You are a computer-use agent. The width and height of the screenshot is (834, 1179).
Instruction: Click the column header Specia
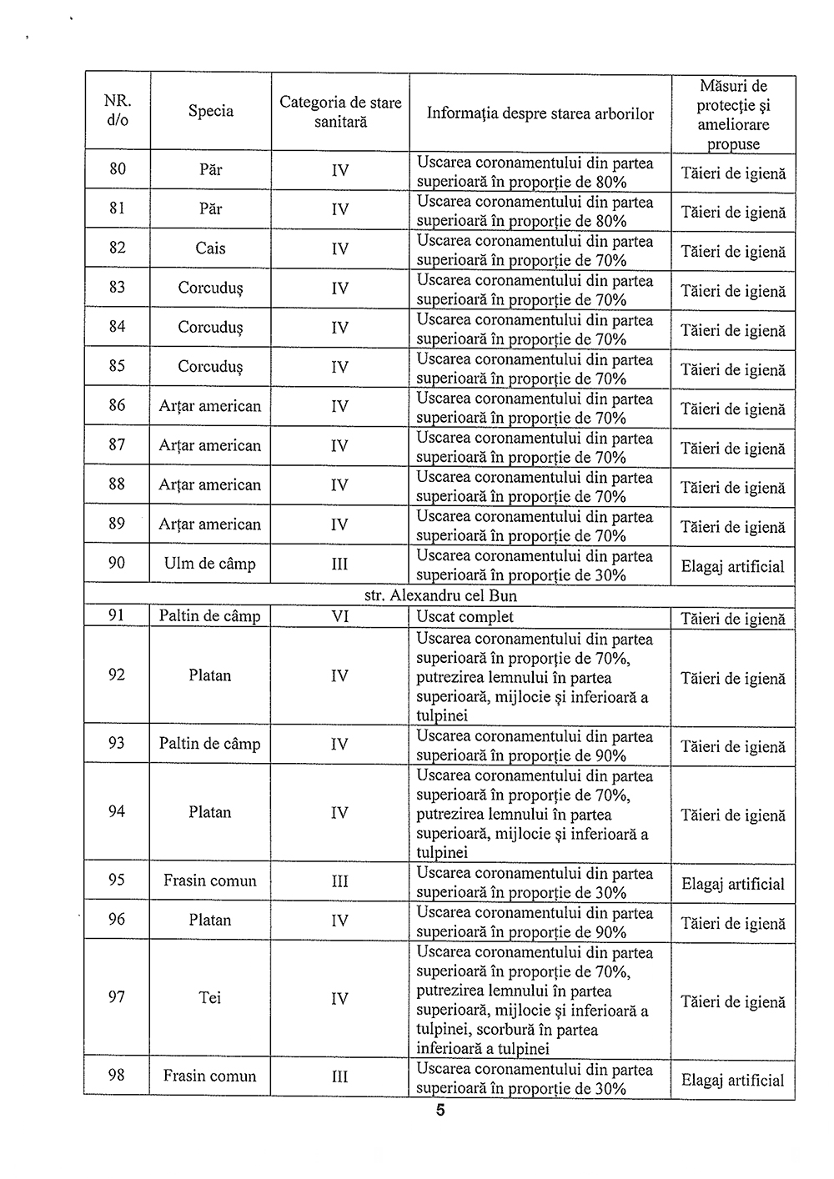coord(210,111)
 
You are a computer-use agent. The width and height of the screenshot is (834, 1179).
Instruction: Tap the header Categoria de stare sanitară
coord(340,112)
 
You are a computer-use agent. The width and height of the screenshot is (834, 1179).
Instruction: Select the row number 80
coord(118,169)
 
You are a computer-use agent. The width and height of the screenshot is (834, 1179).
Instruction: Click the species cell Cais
coord(210,248)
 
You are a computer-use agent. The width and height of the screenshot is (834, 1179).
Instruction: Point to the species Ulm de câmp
coord(210,564)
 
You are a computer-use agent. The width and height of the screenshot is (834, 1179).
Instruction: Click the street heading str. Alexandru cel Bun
coord(440,596)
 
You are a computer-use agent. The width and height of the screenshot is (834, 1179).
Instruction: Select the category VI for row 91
coord(339,617)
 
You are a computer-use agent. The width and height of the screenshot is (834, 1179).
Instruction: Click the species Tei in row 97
coord(210,998)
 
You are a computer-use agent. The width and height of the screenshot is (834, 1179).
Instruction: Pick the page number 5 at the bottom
coord(440,1111)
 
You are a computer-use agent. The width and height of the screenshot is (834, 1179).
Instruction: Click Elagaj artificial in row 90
coord(733,567)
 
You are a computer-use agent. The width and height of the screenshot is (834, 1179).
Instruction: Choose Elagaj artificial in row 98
coord(733,1081)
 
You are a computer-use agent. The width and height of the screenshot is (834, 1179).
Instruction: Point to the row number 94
coord(117,812)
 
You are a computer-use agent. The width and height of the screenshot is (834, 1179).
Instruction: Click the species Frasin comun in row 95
coord(210,881)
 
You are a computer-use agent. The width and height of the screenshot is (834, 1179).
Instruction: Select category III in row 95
coord(339,881)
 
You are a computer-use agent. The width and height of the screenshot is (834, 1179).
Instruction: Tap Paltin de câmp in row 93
coord(210,745)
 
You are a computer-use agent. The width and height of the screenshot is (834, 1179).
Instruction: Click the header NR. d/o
coord(118,111)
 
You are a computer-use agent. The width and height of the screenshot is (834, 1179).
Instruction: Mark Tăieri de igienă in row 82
coord(733,252)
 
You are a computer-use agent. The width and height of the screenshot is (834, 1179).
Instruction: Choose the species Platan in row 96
coord(210,921)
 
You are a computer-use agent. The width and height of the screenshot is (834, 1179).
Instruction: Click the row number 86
coord(117,406)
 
